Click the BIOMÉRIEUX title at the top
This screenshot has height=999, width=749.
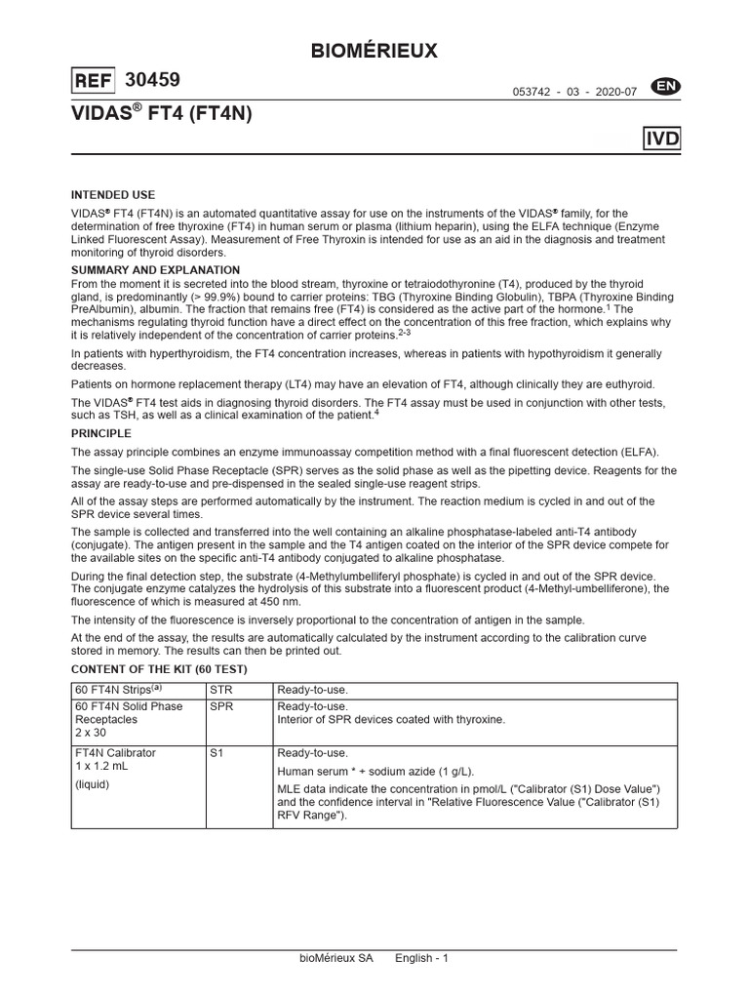374,52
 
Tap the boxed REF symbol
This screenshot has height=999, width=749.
94,81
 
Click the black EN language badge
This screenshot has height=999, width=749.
668,88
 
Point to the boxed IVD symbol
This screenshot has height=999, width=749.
662,140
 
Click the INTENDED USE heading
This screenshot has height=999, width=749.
113,195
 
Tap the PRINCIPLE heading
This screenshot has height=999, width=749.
101,432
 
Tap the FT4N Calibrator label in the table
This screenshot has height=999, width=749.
115,753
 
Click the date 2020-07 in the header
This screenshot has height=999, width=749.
616,92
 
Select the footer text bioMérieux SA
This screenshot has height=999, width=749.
335,958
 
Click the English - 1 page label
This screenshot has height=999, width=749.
421,958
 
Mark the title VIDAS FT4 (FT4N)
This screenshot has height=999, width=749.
162,113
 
